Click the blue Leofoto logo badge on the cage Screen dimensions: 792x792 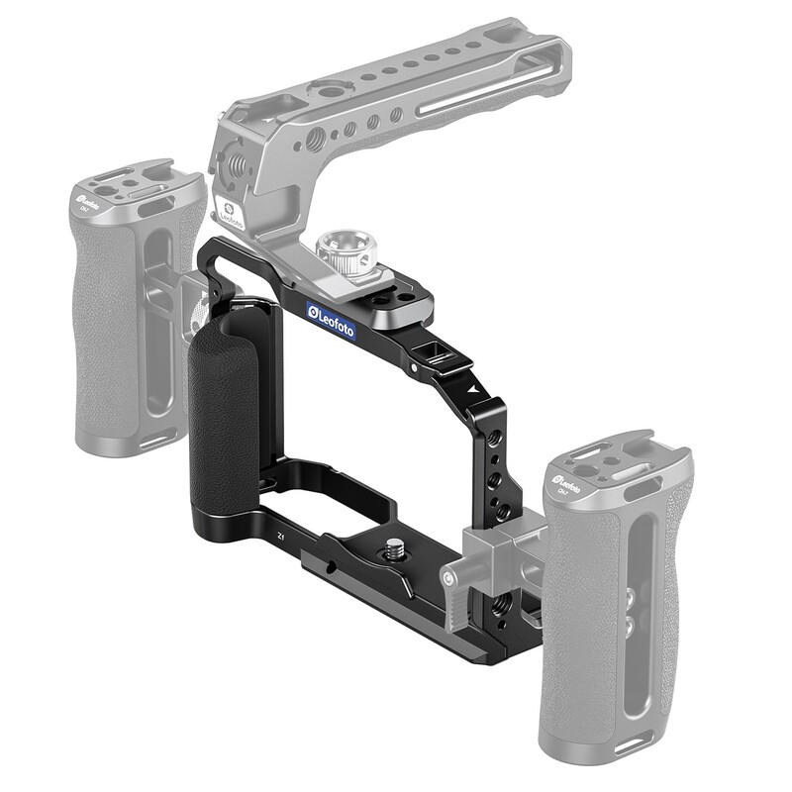pyautogui.click(x=332, y=322)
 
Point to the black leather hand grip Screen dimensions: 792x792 pyautogui.click(x=223, y=416)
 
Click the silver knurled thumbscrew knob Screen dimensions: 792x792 pyautogui.click(x=346, y=253)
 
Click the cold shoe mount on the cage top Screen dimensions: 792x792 pyautogui.click(x=434, y=353)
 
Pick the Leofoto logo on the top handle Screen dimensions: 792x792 pyautogui.click(x=227, y=217)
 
